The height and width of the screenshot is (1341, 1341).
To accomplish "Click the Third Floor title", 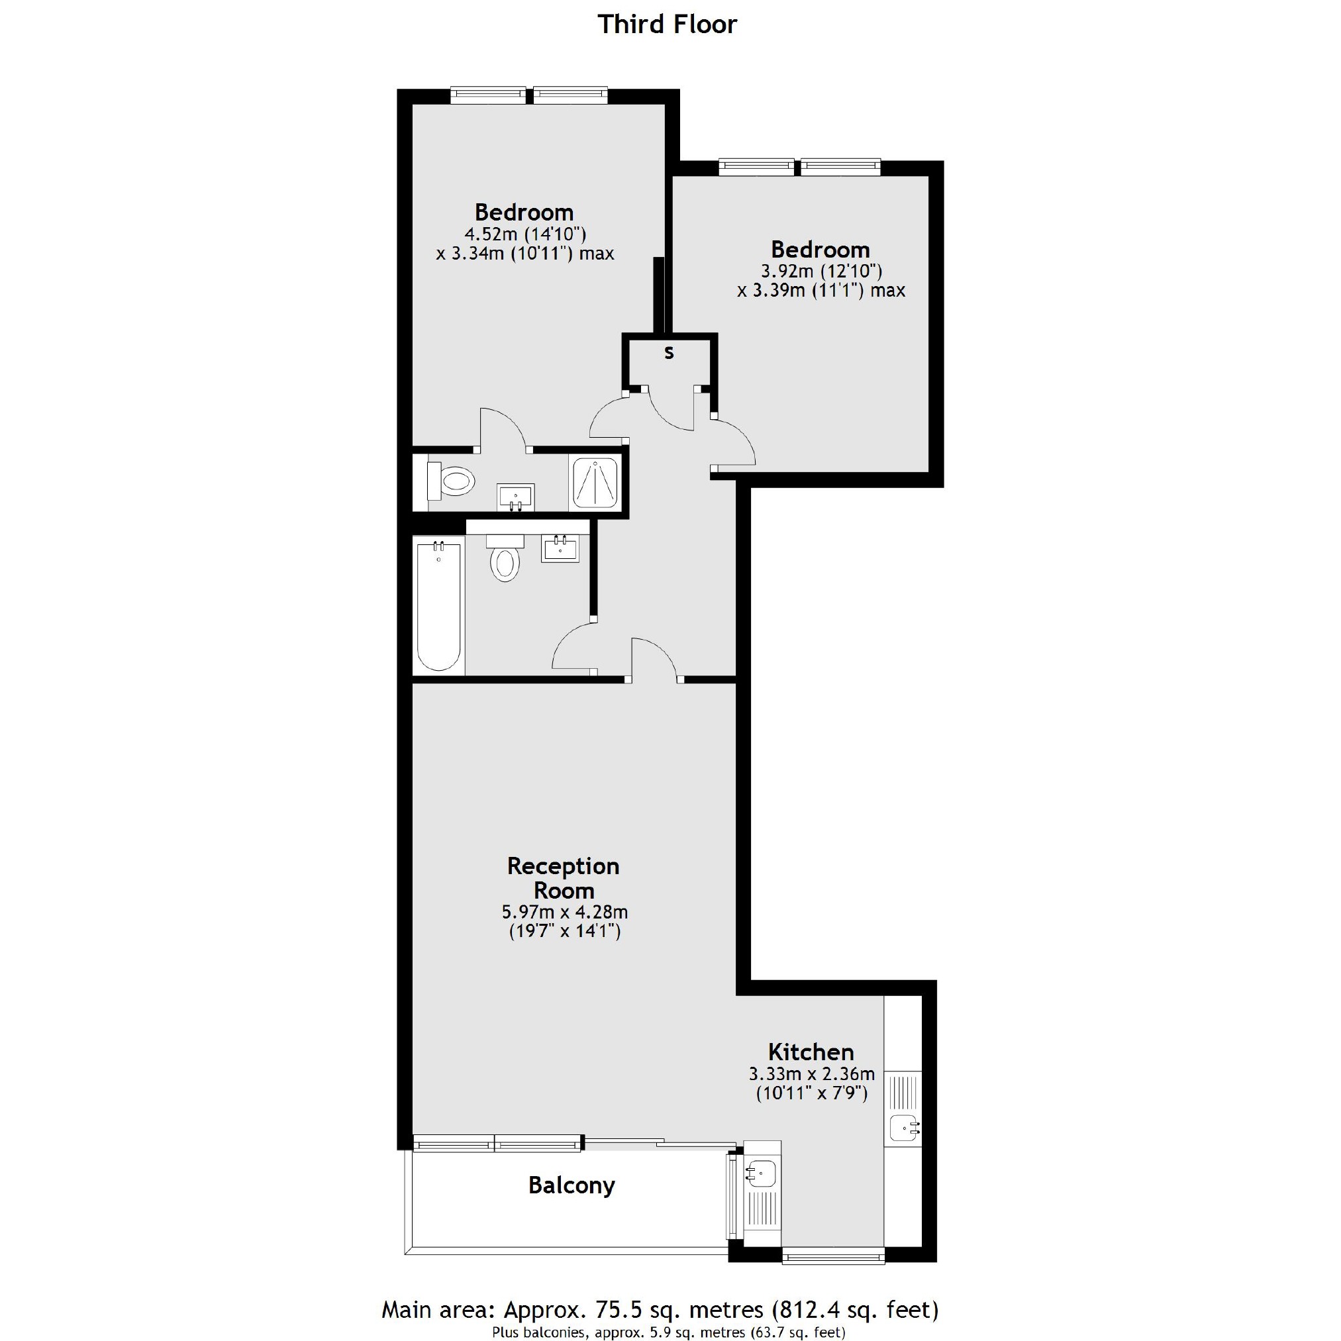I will coord(667,25).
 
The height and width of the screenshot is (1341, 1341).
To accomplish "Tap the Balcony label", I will coord(571,1185).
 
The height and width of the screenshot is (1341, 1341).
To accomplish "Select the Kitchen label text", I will coord(811,1052).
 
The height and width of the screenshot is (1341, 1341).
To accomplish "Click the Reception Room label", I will coord(563,878).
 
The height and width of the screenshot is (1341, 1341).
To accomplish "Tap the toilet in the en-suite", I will coord(451,479).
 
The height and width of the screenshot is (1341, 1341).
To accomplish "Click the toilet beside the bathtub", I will coord(505,561).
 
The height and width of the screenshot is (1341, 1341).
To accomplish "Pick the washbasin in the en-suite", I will coord(515,497).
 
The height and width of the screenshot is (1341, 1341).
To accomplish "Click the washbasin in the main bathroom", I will coord(560,548).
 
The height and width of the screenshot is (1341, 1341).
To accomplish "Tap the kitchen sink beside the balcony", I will coord(761,1173).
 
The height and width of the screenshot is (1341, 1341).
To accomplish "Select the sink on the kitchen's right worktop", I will coord(903,1128).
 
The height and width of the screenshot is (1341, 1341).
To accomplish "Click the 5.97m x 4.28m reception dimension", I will coord(564,911).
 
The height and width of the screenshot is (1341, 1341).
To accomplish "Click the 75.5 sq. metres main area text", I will coord(660,1309).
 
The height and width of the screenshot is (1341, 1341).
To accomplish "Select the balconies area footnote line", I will coord(668,1332).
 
